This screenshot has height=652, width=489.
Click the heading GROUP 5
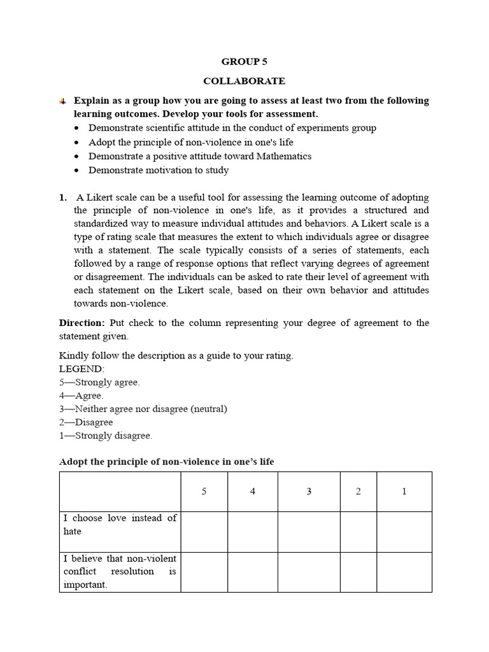[244, 62]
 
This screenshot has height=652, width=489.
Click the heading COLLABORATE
[244, 81]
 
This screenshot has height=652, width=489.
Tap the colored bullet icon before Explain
[62, 101]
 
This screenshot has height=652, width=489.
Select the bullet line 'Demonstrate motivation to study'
[159, 170]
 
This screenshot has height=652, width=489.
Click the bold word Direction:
[81, 323]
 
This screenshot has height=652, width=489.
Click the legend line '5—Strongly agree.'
[99, 382]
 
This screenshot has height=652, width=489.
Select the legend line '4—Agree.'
[81, 395]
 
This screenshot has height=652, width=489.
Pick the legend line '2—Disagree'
[86, 422]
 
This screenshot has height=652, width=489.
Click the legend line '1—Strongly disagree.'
[106, 436]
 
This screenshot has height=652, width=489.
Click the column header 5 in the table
[204, 492]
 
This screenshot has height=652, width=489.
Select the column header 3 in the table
[309, 492]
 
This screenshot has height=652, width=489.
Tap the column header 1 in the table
[404, 492]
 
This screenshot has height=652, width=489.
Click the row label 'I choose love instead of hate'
[120, 525]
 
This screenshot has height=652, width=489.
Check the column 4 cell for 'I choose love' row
[252, 532]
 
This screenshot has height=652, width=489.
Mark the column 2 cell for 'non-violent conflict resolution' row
[358, 572]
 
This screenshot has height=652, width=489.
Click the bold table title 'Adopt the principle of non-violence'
[166, 461]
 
